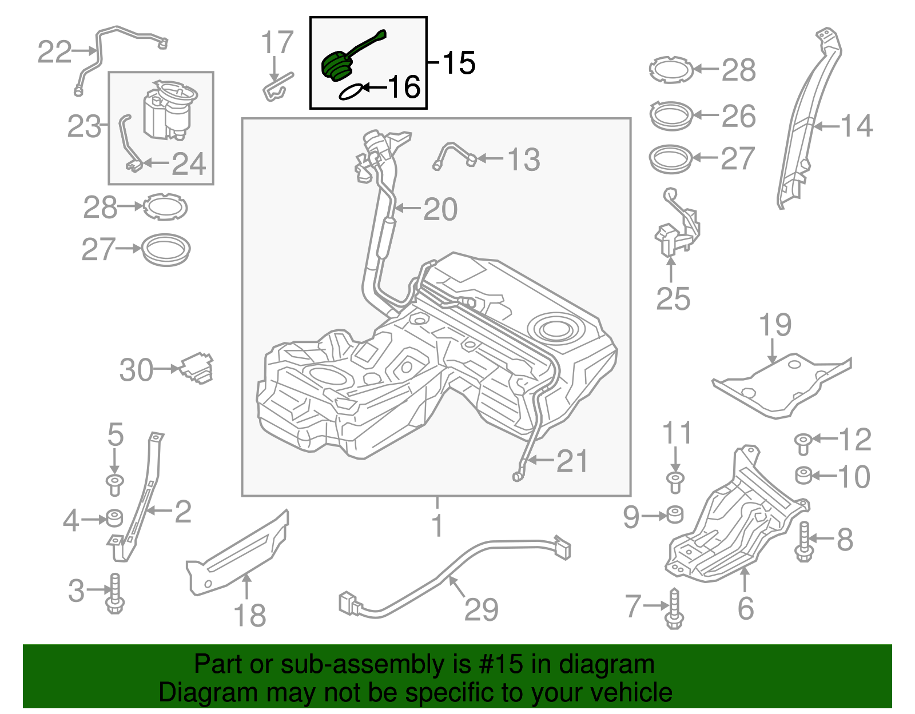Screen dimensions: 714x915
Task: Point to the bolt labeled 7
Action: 674,609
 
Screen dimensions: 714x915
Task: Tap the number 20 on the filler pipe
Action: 440,209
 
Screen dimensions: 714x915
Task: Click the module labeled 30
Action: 198,368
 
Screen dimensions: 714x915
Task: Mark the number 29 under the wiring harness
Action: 481,609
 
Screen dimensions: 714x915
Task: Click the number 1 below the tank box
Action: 437,525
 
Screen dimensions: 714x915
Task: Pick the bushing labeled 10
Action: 803,475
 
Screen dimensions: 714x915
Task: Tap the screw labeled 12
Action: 803,442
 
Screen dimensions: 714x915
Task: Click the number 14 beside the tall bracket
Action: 856,126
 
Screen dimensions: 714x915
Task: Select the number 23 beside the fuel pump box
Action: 83,126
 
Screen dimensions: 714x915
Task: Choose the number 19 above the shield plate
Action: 775,325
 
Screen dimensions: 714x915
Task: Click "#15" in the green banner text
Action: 498,664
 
